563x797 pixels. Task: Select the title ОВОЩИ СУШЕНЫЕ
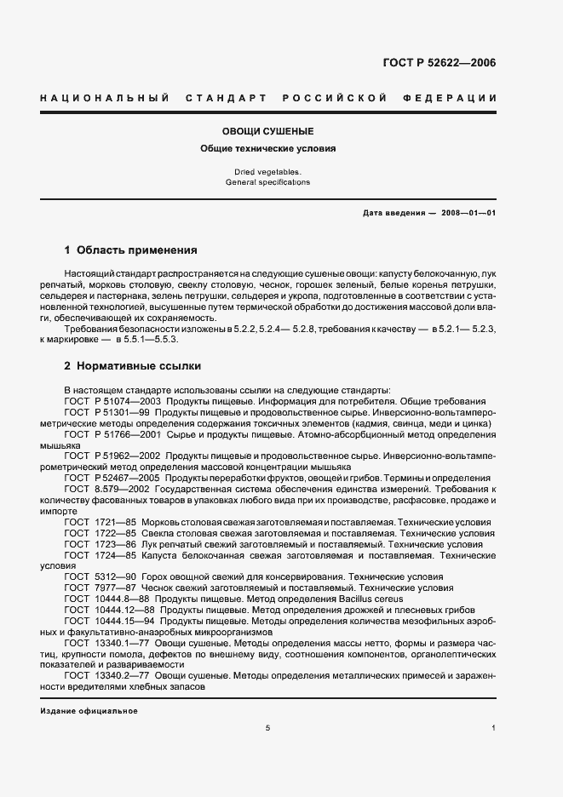(x=268, y=132)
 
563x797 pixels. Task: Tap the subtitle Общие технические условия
(x=268, y=148)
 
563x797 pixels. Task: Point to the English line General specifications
(x=268, y=182)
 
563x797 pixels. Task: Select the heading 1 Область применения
(x=131, y=251)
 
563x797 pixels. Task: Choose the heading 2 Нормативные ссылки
(x=133, y=366)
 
